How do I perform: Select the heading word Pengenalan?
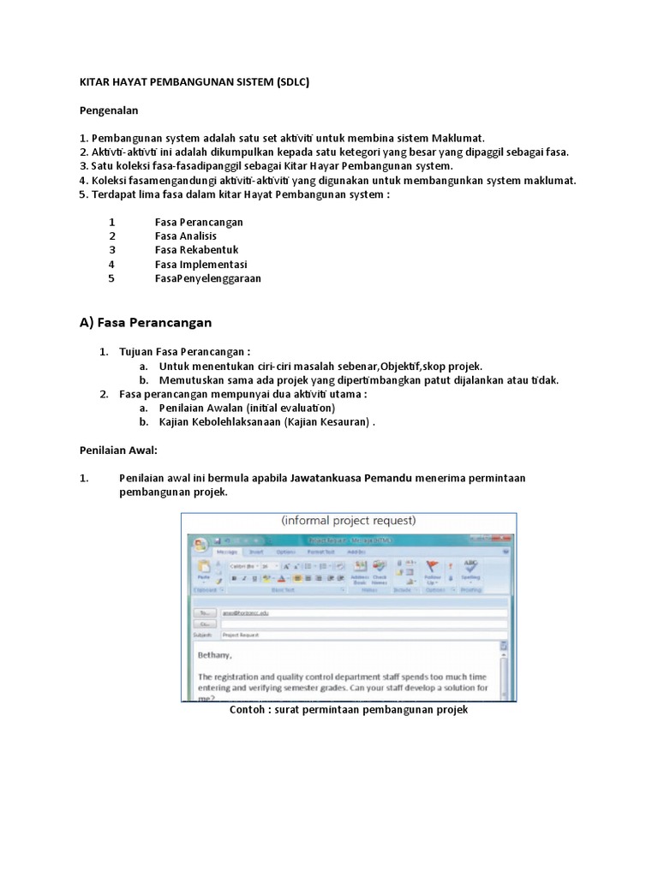(x=109, y=110)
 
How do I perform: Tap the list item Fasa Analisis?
(x=186, y=236)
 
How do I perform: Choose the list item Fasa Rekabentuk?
(x=196, y=250)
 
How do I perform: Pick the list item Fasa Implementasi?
(x=200, y=265)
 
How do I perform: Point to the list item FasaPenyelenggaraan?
(x=208, y=278)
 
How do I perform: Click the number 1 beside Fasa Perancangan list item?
(x=111, y=223)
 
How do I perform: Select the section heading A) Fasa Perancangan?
(x=145, y=323)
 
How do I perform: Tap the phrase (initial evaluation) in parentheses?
(x=290, y=409)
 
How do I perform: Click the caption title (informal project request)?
(x=348, y=520)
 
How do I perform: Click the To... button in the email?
(x=204, y=613)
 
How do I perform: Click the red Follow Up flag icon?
(x=433, y=567)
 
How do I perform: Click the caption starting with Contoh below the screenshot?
(x=349, y=711)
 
